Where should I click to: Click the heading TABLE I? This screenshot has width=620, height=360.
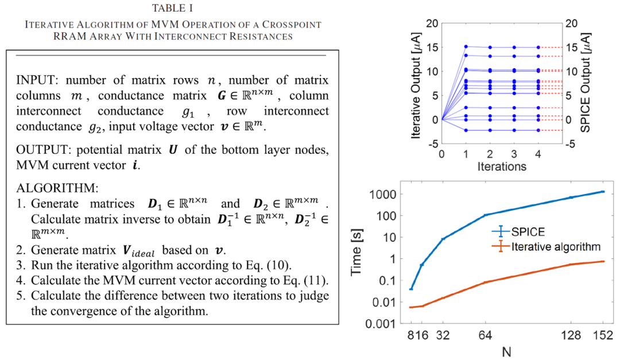(173, 8)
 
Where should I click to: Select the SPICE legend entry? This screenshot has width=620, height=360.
(524, 232)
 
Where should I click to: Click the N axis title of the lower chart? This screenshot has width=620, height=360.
(506, 351)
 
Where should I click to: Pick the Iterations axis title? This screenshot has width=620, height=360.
(502, 167)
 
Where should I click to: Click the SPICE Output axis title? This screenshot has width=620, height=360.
(586, 83)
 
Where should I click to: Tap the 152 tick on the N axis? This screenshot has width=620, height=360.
(603, 334)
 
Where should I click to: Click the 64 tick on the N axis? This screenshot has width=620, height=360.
(485, 334)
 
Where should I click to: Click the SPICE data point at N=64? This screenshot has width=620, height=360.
(485, 215)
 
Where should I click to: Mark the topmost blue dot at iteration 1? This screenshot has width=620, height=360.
(466, 47)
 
